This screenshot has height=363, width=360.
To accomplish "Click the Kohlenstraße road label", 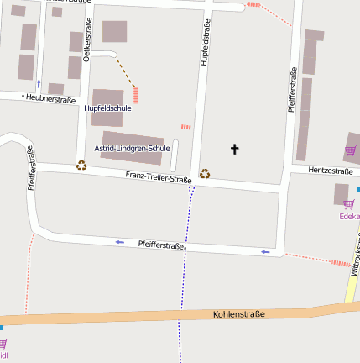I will (238, 314).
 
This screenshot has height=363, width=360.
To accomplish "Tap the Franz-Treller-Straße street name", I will (159, 177).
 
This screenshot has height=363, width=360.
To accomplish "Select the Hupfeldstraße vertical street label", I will (204, 42).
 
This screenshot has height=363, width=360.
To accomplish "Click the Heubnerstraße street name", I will (50, 98).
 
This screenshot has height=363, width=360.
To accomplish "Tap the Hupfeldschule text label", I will (107, 108).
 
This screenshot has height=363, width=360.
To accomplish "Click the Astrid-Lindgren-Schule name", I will (132, 148).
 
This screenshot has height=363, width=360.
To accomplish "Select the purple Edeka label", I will (348, 216).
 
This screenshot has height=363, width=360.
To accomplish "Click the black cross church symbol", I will (234, 150).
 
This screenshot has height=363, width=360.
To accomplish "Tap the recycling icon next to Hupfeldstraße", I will (204, 175).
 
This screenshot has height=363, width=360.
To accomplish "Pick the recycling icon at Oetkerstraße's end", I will (81, 166).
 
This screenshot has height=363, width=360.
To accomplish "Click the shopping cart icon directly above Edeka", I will (349, 203).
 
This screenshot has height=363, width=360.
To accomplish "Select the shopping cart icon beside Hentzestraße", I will (350, 151).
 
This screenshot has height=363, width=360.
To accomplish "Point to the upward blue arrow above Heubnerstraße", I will (39, 83).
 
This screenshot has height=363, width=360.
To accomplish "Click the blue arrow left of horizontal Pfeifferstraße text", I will (119, 242).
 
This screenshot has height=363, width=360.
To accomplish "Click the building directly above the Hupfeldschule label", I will (107, 96).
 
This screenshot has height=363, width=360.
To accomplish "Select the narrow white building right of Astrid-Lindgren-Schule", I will (175, 155).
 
